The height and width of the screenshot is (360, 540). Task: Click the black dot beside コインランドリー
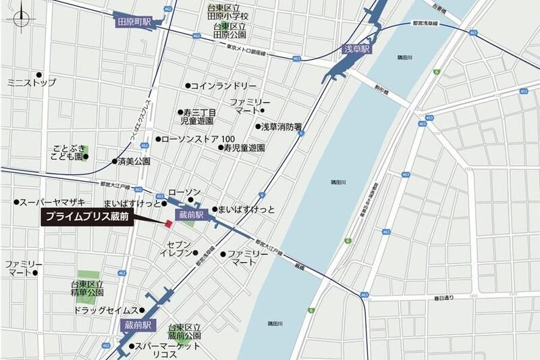188,86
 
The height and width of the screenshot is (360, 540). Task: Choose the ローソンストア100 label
196,140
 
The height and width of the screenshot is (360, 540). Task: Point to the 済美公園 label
134,161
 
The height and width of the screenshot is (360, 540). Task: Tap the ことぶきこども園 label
68,151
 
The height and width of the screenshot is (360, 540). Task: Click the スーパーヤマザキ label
51,202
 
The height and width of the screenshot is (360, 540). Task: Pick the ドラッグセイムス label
105,310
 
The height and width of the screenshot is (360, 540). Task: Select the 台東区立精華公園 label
87,288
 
